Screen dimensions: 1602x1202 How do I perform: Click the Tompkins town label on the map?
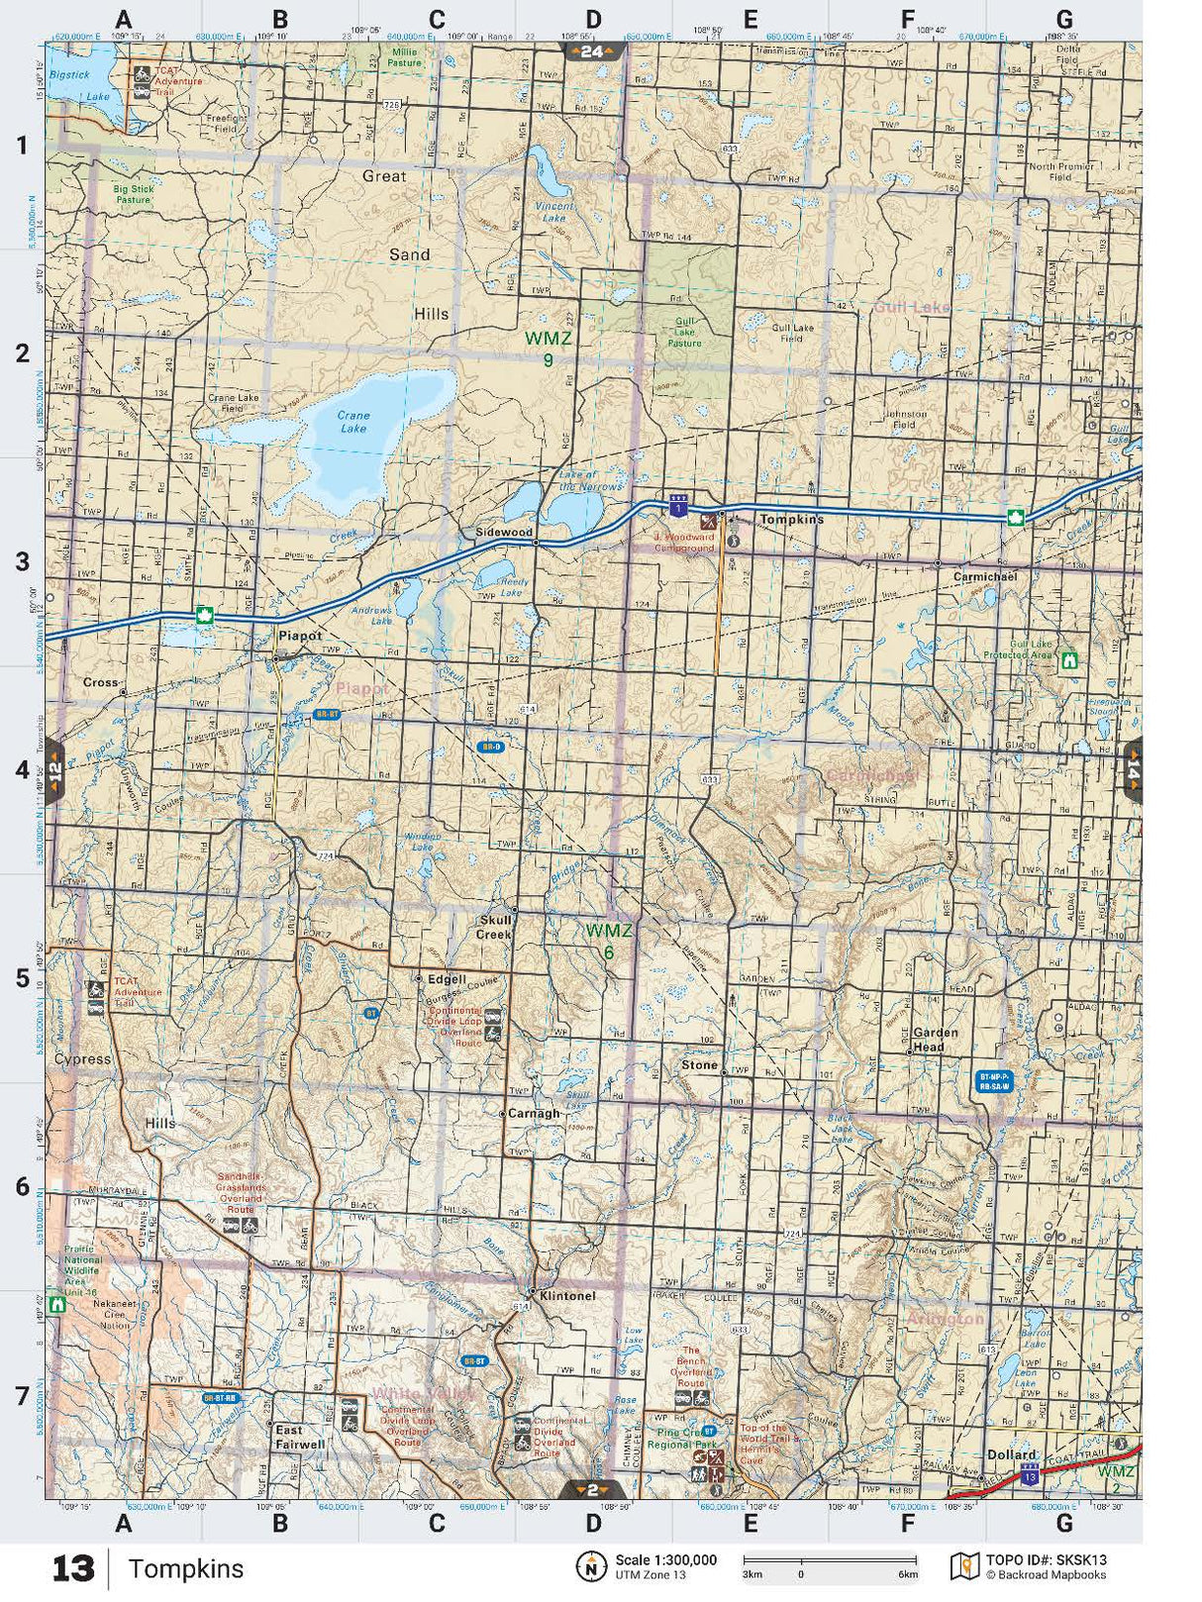tap(791, 520)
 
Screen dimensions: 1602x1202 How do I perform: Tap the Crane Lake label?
tap(352, 423)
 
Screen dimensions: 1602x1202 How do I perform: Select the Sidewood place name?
tap(504, 532)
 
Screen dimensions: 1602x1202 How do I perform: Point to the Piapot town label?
tap(300, 636)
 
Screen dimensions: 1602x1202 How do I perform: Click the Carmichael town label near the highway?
tap(984, 576)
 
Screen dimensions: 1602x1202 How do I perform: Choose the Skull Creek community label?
tap(495, 927)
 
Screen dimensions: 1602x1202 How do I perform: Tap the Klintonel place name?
tap(567, 1295)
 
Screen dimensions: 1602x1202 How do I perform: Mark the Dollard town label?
tap(1011, 1454)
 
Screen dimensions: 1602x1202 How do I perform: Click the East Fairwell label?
tap(299, 1437)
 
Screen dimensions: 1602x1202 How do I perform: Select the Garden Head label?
tap(935, 1039)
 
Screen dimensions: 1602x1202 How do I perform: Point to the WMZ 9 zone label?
tap(548, 349)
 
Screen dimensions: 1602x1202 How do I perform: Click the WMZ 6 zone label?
tap(608, 941)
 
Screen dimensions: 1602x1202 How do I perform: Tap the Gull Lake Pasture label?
tap(684, 333)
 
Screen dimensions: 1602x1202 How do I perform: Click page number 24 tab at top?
tap(592, 51)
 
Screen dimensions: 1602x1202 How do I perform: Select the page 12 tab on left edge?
tap(55, 769)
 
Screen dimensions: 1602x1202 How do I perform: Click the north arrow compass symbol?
tap(591, 1566)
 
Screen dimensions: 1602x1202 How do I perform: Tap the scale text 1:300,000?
tap(665, 1559)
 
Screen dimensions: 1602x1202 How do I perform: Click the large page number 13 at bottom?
tap(73, 1569)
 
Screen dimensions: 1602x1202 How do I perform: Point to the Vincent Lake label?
tap(554, 212)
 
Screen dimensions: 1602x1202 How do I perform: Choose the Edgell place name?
tap(446, 979)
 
